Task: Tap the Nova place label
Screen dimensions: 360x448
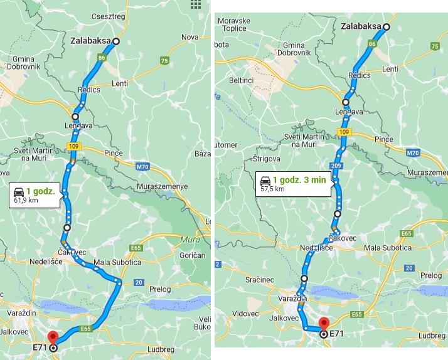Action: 189,38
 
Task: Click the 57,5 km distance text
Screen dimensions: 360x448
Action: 272,188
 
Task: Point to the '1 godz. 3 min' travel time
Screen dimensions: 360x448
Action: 299,179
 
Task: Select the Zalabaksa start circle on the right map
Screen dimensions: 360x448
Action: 387,27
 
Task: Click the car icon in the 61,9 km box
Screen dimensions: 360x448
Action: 19,190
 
